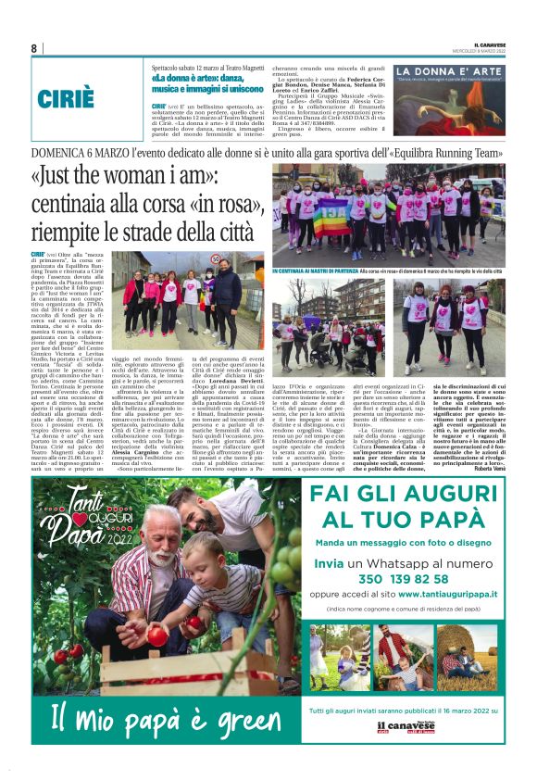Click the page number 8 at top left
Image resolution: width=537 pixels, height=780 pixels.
34,48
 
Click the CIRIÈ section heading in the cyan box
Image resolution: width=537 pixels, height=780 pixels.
66,98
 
